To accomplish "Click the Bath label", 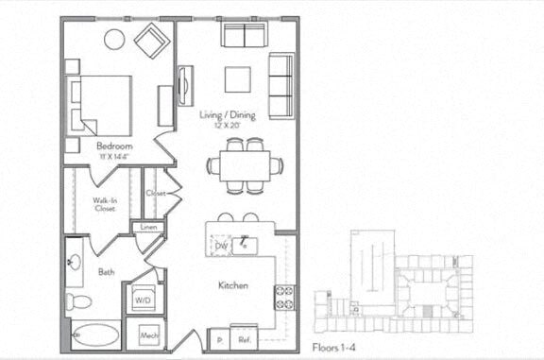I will (x=106, y=273).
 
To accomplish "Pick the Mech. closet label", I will (x=149, y=334).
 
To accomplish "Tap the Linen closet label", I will (x=149, y=228).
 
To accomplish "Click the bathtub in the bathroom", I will (x=96, y=335).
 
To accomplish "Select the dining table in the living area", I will (x=245, y=166).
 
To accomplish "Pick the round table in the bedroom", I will (x=113, y=39).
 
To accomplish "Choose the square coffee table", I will (x=237, y=79).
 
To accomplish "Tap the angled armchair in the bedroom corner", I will (x=151, y=40).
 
